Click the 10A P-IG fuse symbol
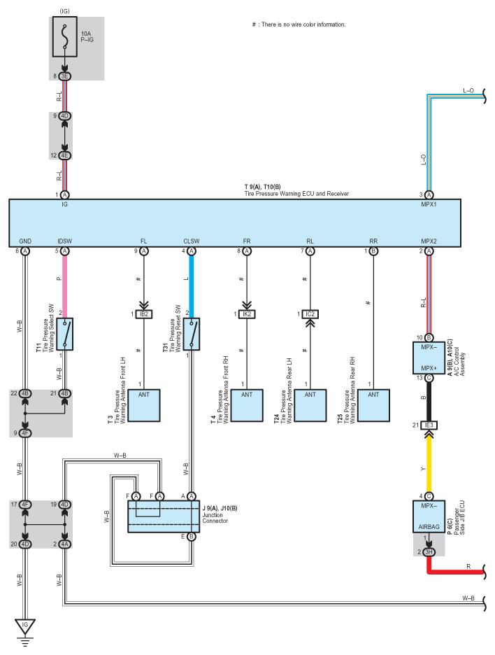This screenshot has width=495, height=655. tap(65, 37)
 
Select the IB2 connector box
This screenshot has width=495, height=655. tap(144, 314)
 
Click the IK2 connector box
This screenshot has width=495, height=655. tap(247, 314)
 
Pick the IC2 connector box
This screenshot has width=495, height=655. tap(310, 314)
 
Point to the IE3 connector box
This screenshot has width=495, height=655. tap(429, 425)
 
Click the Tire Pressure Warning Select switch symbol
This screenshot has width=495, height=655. tap(65, 334)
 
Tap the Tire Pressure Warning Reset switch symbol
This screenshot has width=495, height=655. tap(192, 334)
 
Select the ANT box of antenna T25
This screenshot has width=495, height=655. tap(373, 406)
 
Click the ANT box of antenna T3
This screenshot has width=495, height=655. tap(144, 406)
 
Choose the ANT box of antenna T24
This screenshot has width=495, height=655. tap(310, 406)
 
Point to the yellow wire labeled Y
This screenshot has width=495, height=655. tap(429, 465)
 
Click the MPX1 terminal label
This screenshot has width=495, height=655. tap(429, 204)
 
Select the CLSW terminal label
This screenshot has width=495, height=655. tap(192, 241)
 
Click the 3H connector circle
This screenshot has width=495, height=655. tap(429, 552)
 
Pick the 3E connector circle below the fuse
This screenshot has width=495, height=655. tap(65, 76)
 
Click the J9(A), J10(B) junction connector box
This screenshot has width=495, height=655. tap(164, 516)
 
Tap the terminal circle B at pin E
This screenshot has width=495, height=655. tap(192, 536)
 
